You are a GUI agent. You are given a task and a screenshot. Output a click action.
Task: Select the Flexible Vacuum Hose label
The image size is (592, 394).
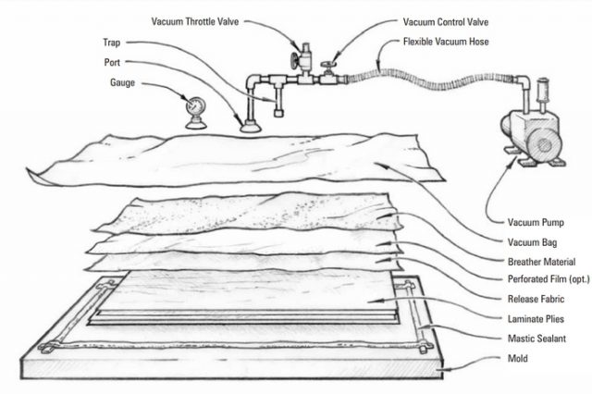coord(451,42)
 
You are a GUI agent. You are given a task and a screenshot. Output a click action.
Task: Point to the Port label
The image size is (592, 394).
coord(112,63)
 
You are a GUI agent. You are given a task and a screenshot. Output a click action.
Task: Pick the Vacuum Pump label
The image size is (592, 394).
coord(539,222)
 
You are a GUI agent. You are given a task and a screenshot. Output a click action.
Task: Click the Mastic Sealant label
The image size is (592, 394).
coord(540,339)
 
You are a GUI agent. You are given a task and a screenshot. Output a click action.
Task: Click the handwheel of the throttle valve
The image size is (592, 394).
coord(293,62)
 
